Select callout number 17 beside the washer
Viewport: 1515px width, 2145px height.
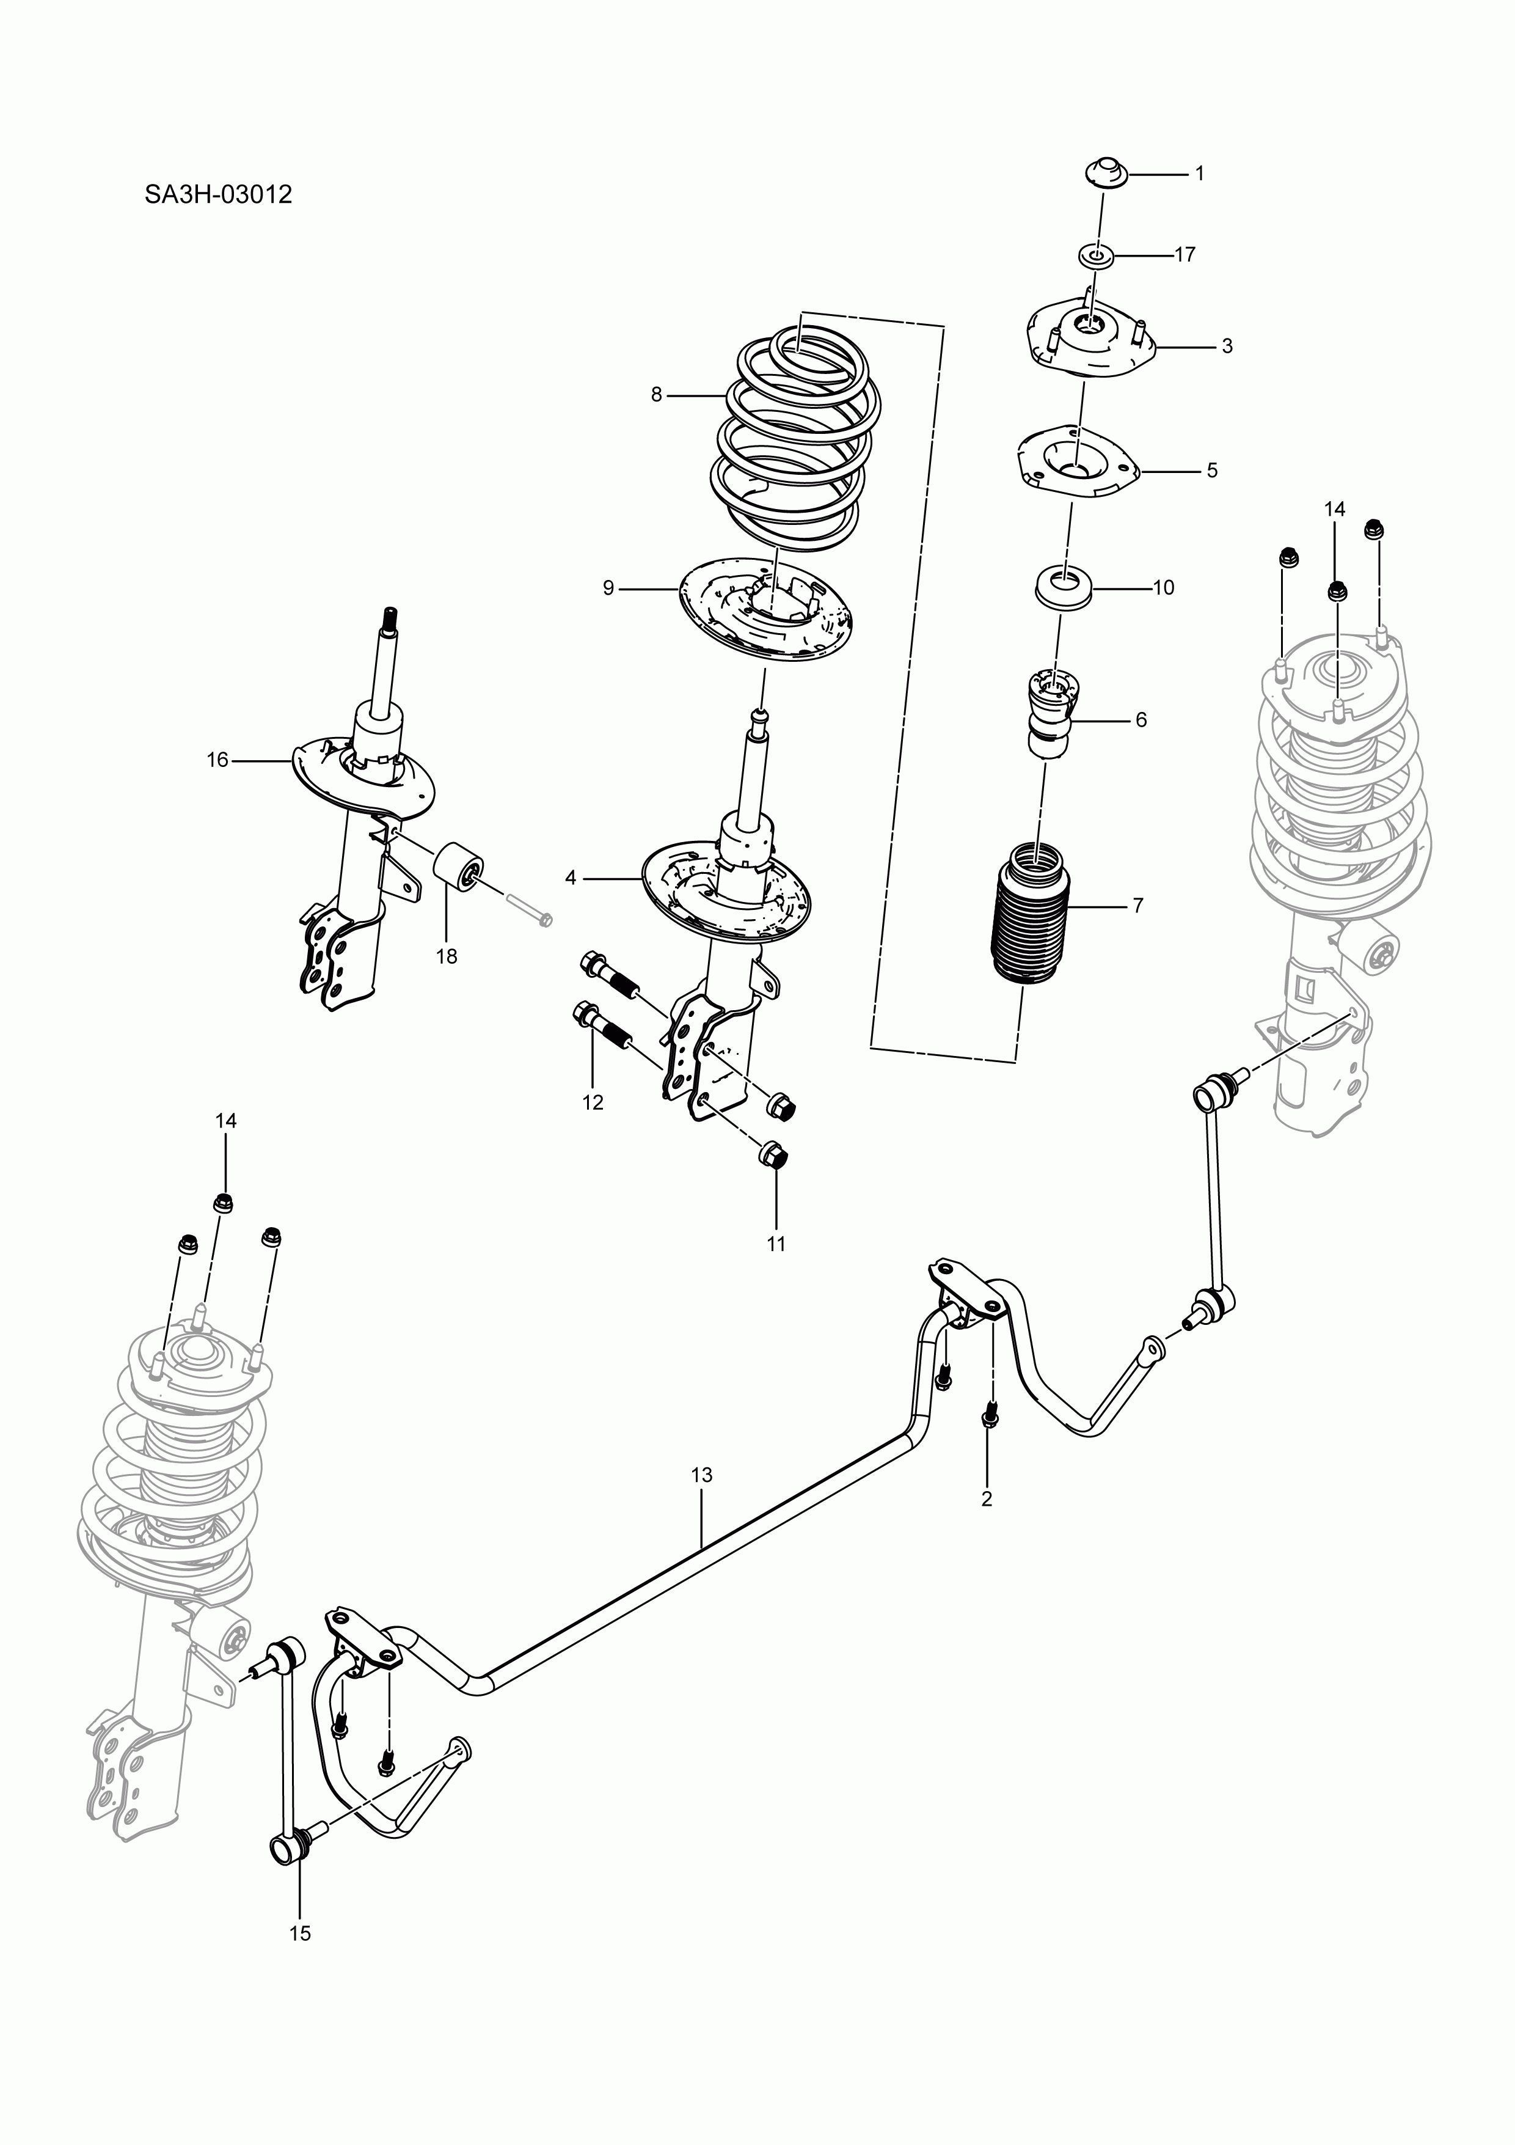pyautogui.click(x=1185, y=254)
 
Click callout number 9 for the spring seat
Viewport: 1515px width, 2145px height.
pyautogui.click(x=608, y=588)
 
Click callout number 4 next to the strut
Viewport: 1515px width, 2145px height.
pyautogui.click(x=571, y=877)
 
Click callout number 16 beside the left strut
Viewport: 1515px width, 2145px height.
pyautogui.click(x=217, y=760)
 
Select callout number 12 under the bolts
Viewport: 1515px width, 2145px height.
pyautogui.click(x=593, y=1102)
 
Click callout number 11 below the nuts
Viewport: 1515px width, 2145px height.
pyautogui.click(x=776, y=1244)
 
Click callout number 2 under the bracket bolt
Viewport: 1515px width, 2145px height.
pyautogui.click(x=987, y=1500)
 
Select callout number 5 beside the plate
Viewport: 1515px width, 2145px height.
pyautogui.click(x=1211, y=470)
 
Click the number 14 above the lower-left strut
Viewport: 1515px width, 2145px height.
pyautogui.click(x=226, y=1120)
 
